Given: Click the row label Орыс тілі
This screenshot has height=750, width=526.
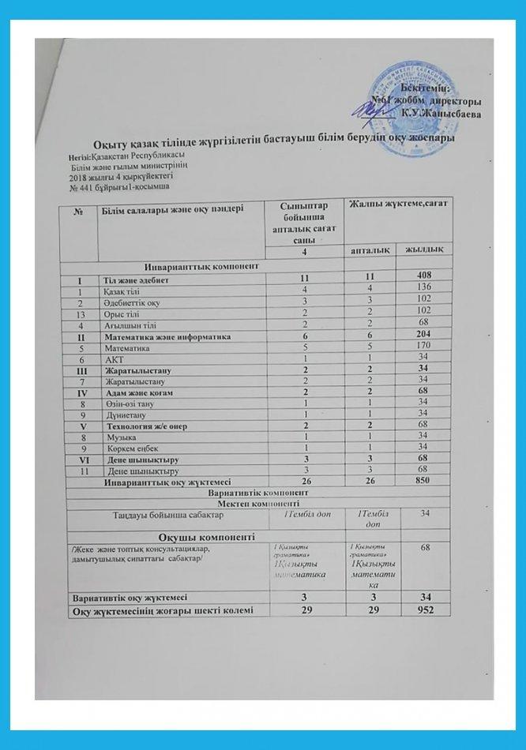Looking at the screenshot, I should [x=119, y=314].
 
